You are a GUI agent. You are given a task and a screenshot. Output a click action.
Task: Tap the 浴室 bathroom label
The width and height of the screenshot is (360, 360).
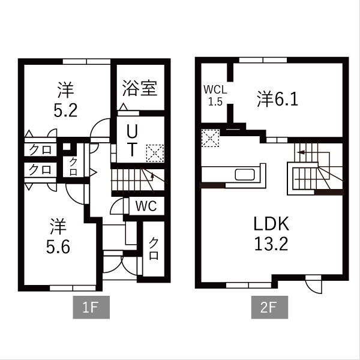140,89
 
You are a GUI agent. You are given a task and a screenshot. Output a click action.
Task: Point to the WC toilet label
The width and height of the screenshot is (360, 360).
146,206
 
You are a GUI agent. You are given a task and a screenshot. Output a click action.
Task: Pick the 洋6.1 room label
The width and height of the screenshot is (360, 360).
278,97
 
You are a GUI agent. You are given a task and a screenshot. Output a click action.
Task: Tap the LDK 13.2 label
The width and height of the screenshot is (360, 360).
271,235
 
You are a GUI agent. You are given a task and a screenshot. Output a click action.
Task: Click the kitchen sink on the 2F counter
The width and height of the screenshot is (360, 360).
245,175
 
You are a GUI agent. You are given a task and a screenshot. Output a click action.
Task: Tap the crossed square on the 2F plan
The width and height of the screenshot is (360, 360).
211,139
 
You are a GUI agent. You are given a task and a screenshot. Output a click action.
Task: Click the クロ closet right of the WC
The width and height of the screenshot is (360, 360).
154,248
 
